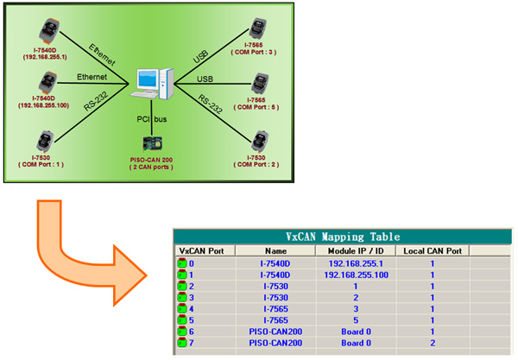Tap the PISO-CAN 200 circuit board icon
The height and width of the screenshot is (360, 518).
pos(152,144)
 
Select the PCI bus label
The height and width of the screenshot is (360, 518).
pos(152,119)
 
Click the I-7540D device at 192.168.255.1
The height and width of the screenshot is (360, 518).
pos(49,30)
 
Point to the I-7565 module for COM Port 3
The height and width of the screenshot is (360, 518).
pos(257,28)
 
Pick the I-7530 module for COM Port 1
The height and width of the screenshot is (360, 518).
pos(45,142)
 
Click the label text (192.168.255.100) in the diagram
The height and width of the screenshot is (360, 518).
pos(44,105)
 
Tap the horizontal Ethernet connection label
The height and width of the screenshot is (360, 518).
pos(92,77)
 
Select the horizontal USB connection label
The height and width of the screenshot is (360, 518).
pos(205,79)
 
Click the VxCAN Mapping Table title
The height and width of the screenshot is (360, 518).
pos(343,237)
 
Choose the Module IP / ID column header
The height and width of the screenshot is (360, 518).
pos(356,251)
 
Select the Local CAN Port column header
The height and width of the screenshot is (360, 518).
pos(433,251)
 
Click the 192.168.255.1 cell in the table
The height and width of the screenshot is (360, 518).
pos(356,263)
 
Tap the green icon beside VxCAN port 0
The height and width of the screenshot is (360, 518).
pos(182,263)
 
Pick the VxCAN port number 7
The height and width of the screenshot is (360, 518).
pos(192,343)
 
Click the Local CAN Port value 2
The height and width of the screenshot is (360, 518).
pos(433,343)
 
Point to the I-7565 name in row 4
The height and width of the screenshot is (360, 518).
pos(276,309)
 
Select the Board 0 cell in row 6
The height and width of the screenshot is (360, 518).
pos(356,332)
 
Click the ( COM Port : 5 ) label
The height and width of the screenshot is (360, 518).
pos(256,107)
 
